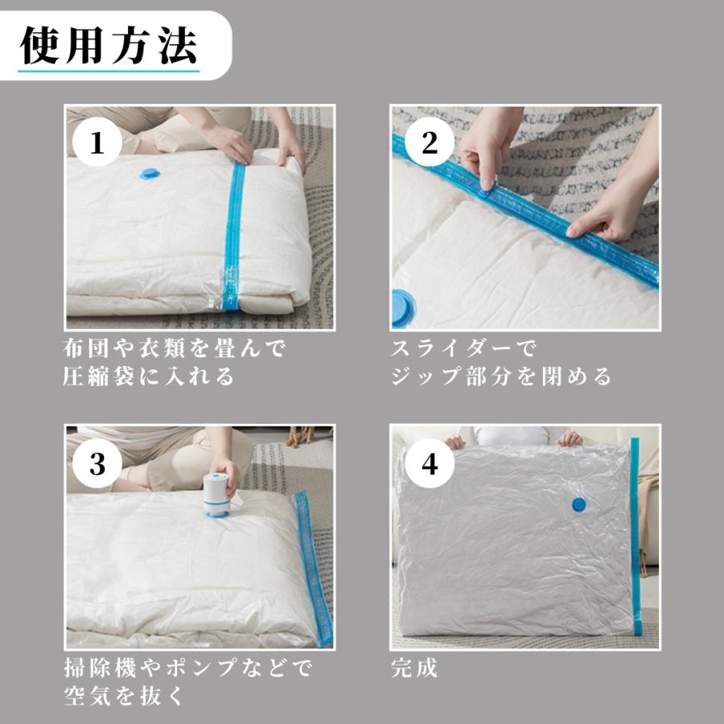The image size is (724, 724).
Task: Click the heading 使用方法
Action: [x=109, y=45]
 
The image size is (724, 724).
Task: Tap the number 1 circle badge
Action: [x=97, y=142]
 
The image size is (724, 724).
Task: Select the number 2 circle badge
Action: [x=430, y=142]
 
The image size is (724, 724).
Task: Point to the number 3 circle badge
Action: [x=97, y=463]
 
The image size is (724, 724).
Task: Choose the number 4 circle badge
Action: [x=430, y=463]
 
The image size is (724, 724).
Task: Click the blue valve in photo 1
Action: [x=150, y=174]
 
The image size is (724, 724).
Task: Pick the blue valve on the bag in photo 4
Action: [x=578, y=504]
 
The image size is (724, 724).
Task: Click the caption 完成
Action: [x=414, y=668]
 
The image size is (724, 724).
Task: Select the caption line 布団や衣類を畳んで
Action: [x=174, y=348]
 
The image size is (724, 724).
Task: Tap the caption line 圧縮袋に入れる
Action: [x=148, y=376]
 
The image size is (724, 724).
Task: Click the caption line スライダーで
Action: [x=463, y=348]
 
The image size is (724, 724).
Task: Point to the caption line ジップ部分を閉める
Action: [x=501, y=376]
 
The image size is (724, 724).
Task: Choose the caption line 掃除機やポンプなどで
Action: [x=188, y=668]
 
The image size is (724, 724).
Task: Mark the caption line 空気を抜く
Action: [x=124, y=697]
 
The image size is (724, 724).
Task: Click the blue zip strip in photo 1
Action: [x=233, y=237]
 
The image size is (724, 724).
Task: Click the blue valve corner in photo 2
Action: [x=401, y=308]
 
